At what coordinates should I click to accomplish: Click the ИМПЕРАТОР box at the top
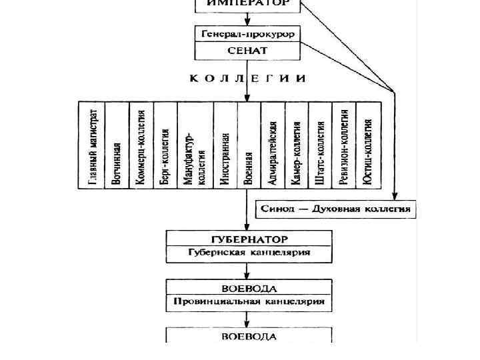(248, 4)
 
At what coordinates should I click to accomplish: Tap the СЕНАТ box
(248, 50)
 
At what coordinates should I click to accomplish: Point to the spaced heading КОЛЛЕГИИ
(248, 78)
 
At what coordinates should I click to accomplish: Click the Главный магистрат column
(93, 145)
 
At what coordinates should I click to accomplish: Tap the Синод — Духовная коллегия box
(336, 209)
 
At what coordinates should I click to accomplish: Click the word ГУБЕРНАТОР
(248, 239)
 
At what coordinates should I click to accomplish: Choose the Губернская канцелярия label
(248, 253)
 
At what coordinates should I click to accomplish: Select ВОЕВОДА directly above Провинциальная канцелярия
(248, 288)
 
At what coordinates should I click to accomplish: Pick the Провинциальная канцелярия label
(248, 302)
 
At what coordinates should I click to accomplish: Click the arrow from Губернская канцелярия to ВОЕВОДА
(248, 270)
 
